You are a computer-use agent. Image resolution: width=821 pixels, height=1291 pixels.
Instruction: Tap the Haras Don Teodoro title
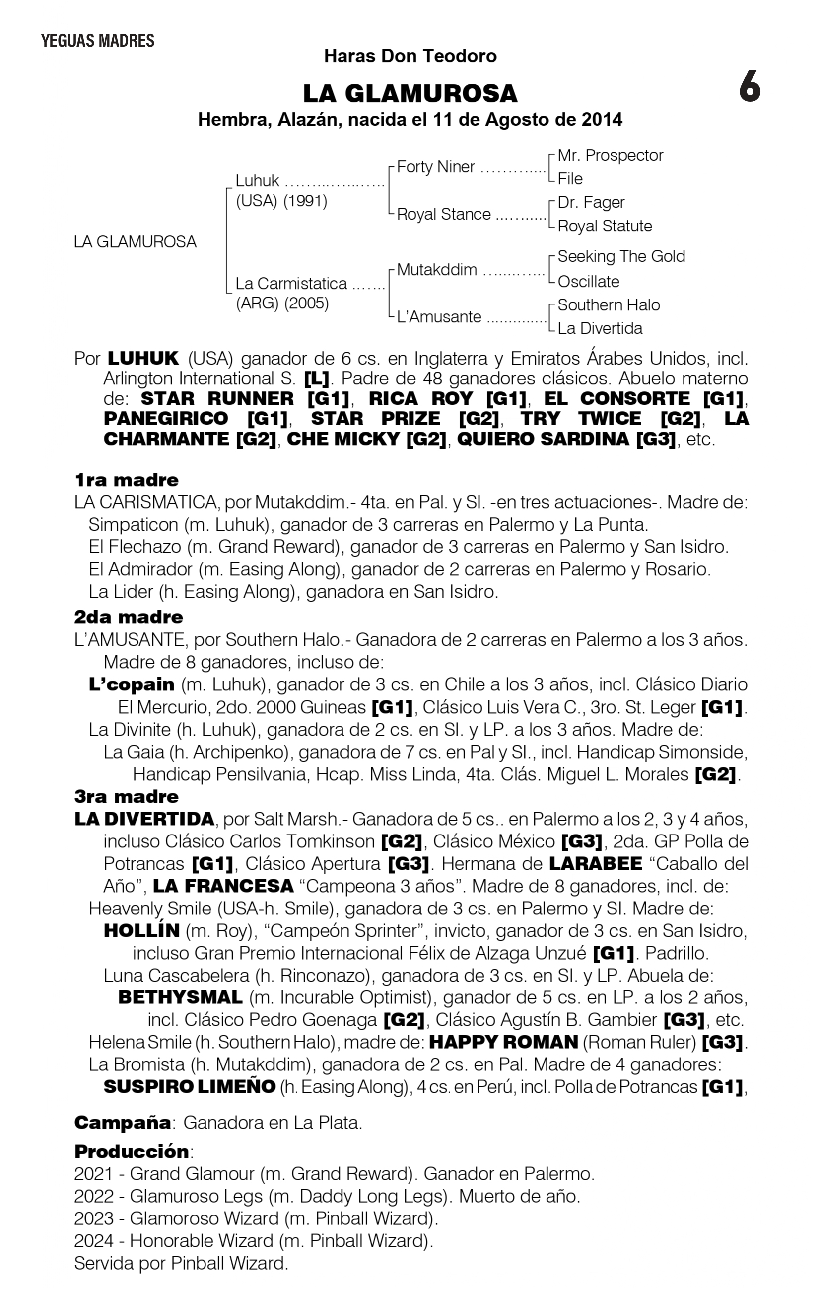coord(410,56)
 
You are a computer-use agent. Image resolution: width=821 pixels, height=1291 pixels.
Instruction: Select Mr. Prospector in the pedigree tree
coord(610,155)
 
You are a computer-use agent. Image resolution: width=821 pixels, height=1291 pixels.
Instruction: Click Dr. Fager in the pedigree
coord(591,202)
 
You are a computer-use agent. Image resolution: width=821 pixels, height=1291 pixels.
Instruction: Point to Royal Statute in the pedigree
coord(605,226)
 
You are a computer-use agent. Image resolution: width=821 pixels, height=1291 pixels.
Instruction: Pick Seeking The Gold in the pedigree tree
coord(621,256)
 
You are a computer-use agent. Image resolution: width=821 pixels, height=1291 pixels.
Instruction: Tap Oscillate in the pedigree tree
coord(588,282)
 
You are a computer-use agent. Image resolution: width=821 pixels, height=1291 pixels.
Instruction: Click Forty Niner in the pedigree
coord(435,167)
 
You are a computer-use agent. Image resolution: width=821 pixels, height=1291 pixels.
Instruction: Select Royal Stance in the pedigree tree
coord(443,214)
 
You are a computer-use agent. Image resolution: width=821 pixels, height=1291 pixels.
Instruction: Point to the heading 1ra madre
coord(127,480)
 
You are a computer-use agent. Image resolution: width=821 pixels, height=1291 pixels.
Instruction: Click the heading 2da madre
coord(129,617)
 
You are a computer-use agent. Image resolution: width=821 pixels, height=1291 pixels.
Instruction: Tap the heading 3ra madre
coord(127,796)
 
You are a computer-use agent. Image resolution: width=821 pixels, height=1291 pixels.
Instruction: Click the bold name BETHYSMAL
coord(180,997)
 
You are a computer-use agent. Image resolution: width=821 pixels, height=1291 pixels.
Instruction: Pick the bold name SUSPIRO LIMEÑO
coord(189,1087)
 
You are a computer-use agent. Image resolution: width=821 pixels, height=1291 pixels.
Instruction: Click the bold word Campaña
coord(122,1122)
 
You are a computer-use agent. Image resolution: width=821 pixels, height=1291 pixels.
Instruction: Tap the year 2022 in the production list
coord(94,1196)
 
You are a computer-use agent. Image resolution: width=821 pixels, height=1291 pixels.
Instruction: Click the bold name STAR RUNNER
coord(217,399)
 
